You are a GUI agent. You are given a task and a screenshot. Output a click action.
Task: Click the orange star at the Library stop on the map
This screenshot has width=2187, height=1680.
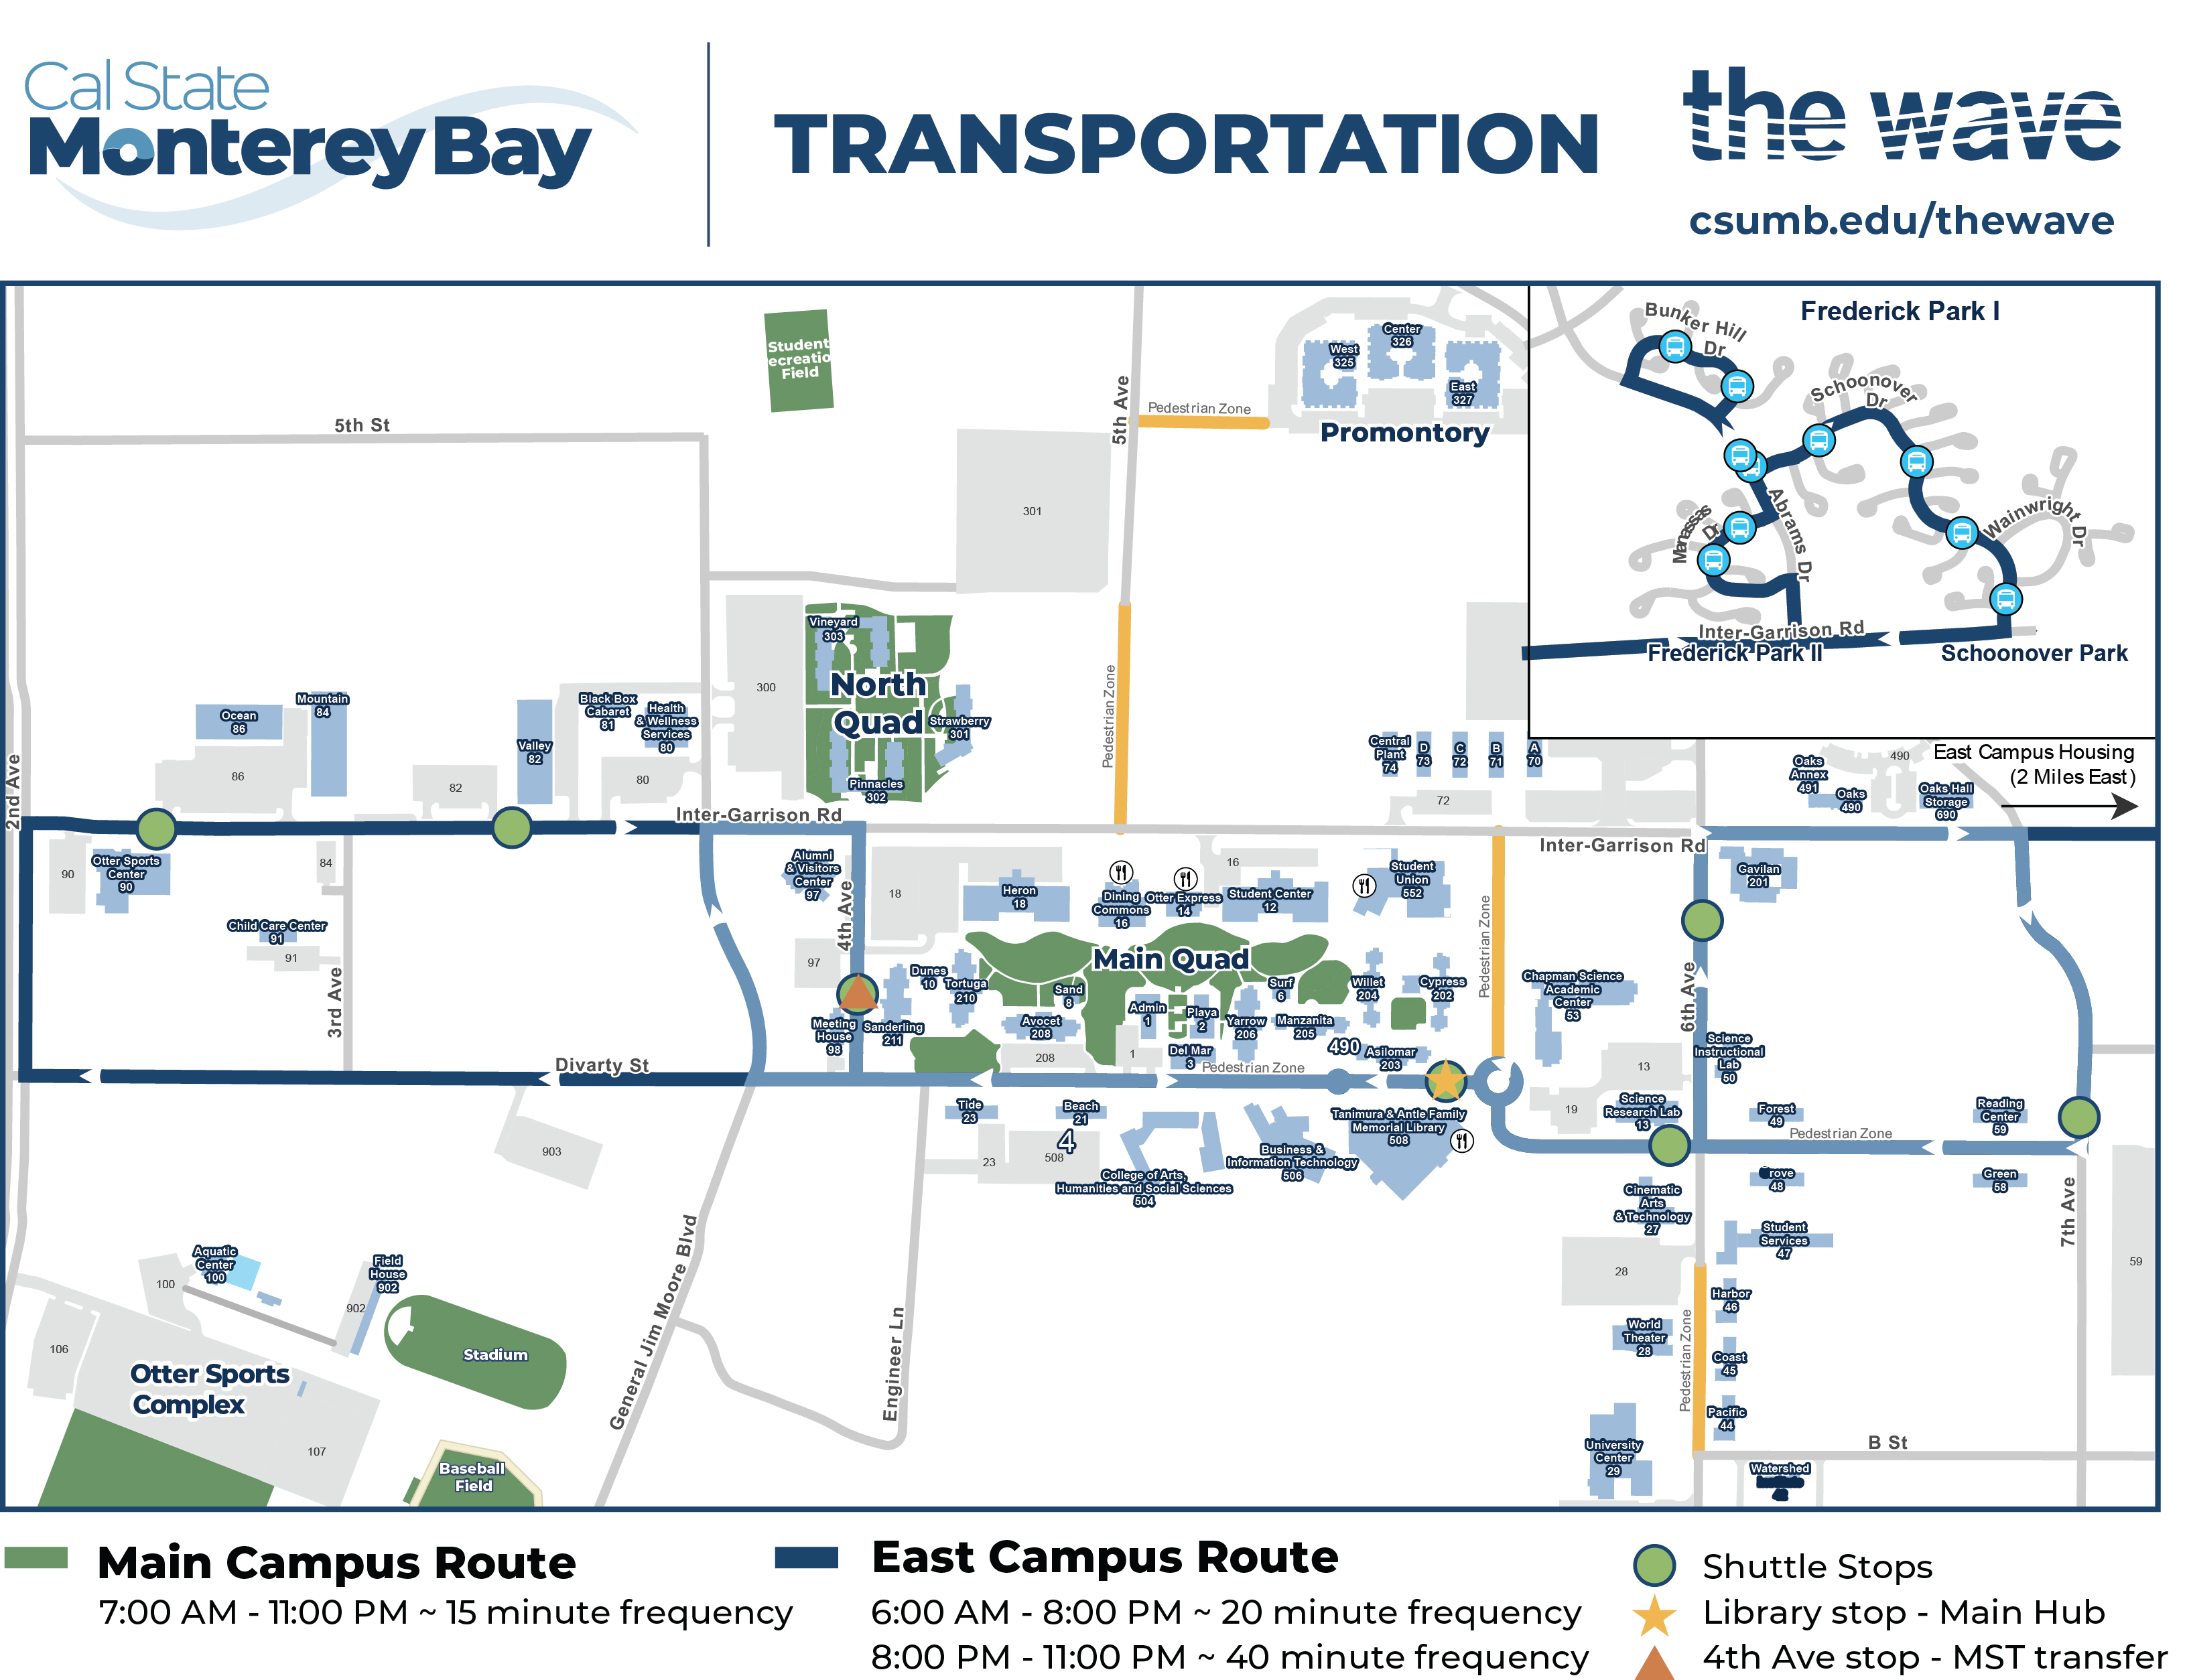pos(1445,1080)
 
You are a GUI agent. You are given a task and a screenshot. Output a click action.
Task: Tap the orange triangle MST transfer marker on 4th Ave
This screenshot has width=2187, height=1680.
pos(857,993)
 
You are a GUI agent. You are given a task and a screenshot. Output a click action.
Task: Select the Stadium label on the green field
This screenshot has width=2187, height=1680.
pos(495,1354)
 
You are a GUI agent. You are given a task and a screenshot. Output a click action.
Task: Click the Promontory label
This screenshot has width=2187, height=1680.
pos(1404,432)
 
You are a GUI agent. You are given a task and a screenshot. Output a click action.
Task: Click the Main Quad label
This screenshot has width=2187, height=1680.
pos(1170,959)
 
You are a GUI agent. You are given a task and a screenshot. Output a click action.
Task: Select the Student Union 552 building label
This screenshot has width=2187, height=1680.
pos(1411,879)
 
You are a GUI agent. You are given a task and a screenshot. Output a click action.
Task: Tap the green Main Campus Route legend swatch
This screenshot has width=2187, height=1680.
pos(36,1557)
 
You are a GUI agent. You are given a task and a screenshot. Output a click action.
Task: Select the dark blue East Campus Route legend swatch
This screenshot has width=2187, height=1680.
pos(806,1557)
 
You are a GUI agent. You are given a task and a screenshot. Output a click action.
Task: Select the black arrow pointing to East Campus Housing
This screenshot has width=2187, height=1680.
pos(2110,805)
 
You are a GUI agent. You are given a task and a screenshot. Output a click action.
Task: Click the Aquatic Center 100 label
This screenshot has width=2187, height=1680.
pos(215,1264)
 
